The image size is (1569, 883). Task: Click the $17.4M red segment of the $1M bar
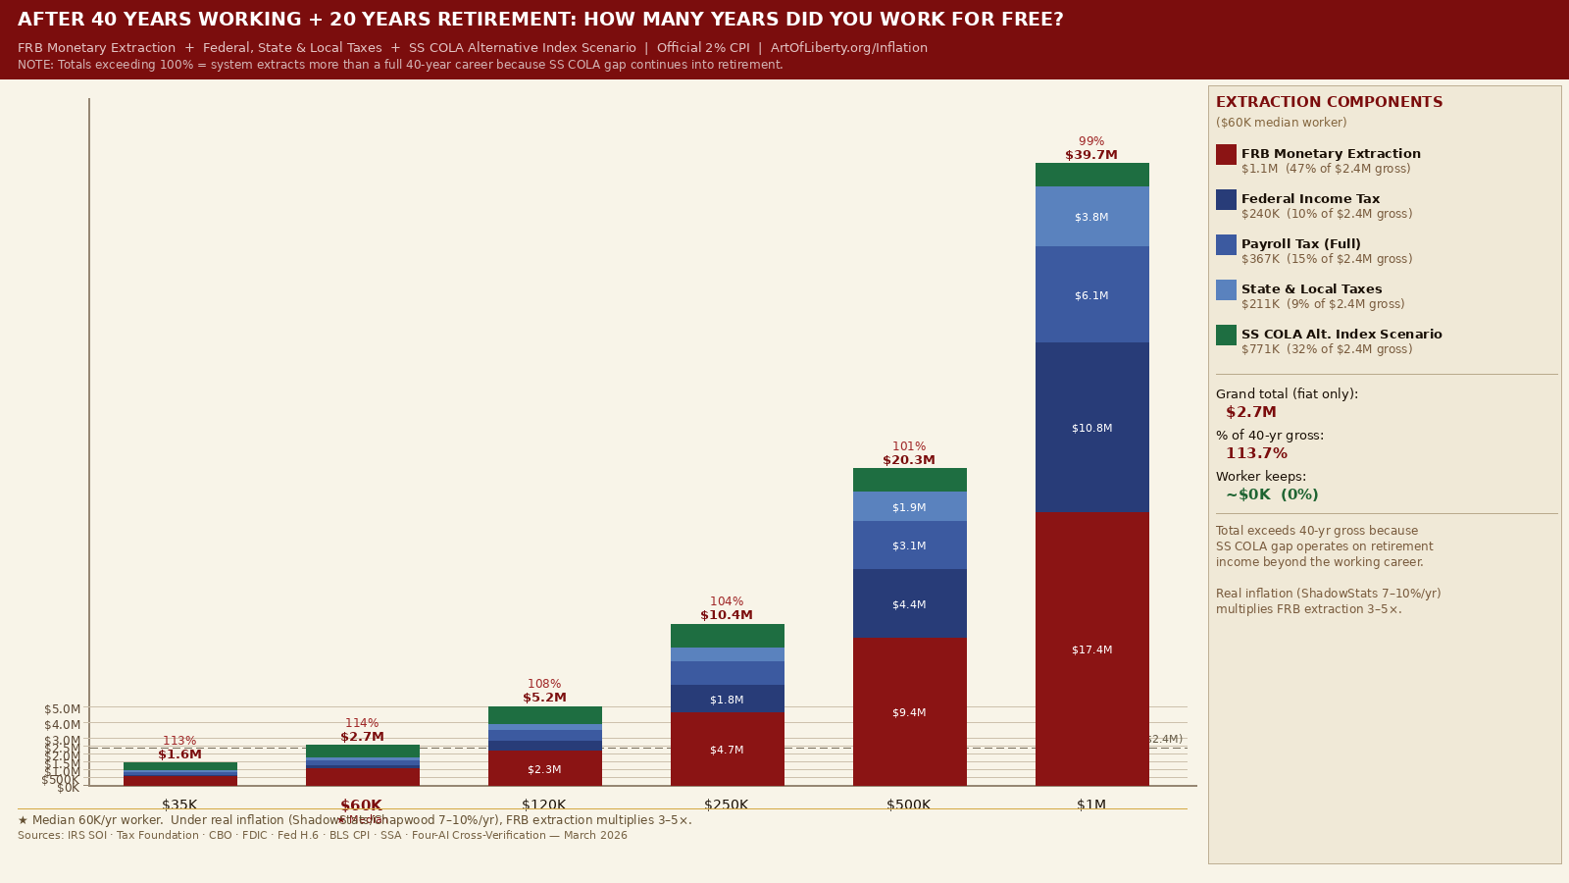[1091, 649]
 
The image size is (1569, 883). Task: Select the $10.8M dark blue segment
[1091, 427]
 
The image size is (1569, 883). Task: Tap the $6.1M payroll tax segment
[1091, 294]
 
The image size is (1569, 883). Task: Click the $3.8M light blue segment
[1091, 216]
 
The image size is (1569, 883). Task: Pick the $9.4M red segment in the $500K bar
[909, 711]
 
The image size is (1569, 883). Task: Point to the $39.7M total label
[1091, 155]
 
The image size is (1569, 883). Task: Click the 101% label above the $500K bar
[909, 446]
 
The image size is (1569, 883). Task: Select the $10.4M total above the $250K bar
[727, 615]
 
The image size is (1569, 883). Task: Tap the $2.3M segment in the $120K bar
[544, 768]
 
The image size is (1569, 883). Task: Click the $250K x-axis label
[727, 805]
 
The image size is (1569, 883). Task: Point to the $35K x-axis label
[179, 805]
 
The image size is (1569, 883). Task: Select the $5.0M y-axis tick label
[63, 708]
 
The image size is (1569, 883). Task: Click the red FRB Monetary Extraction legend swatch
[1226, 154]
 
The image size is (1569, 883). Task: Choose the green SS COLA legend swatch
[1226, 335]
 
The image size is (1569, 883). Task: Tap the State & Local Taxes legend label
[1311, 289]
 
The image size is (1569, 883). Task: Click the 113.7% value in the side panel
[1256, 453]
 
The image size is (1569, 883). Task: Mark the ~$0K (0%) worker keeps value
[1272, 494]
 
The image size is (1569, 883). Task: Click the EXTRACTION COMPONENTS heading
[1329, 102]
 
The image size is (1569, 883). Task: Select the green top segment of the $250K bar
[727, 635]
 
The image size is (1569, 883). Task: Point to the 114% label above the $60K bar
[362, 723]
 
